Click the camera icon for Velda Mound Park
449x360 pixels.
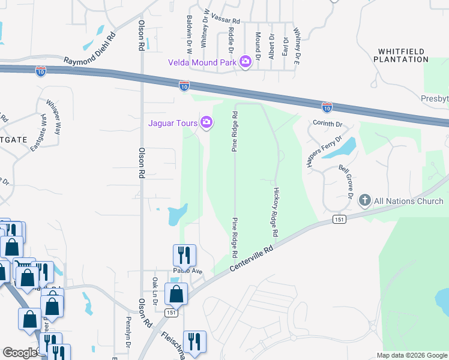[245, 62]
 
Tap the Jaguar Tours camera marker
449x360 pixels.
[206, 123]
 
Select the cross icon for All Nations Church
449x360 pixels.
[364, 201]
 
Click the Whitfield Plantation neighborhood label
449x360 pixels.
[401, 55]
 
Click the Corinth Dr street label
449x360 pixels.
[327, 124]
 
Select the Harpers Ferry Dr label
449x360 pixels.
[325, 152]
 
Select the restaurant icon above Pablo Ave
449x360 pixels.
[184, 254]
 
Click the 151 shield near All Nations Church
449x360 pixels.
[340, 220]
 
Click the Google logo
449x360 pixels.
[19, 353]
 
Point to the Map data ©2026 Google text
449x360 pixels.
[412, 355]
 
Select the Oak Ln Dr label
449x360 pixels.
[154, 290]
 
